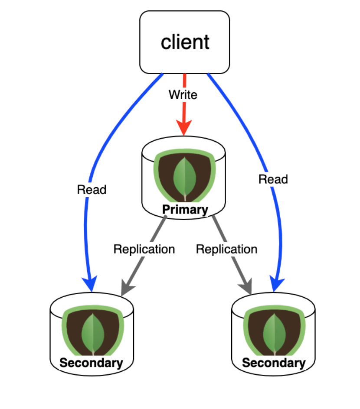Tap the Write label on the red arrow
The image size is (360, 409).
tap(183, 95)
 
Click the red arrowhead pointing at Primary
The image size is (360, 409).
tap(184, 127)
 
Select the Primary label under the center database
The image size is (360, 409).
tap(185, 209)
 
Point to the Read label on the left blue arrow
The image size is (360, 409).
tap(92, 190)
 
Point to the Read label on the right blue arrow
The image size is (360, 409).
tap(273, 179)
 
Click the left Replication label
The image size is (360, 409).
tap(144, 249)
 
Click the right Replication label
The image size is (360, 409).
tap(226, 249)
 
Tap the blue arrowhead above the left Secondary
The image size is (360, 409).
tap(90, 283)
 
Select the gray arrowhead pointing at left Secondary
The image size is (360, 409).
tap(128, 288)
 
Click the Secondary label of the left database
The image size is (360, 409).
tap(92, 363)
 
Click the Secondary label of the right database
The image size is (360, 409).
tap(274, 363)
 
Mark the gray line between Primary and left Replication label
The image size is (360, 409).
tap(158, 229)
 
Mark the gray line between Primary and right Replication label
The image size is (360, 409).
tap(219, 229)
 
